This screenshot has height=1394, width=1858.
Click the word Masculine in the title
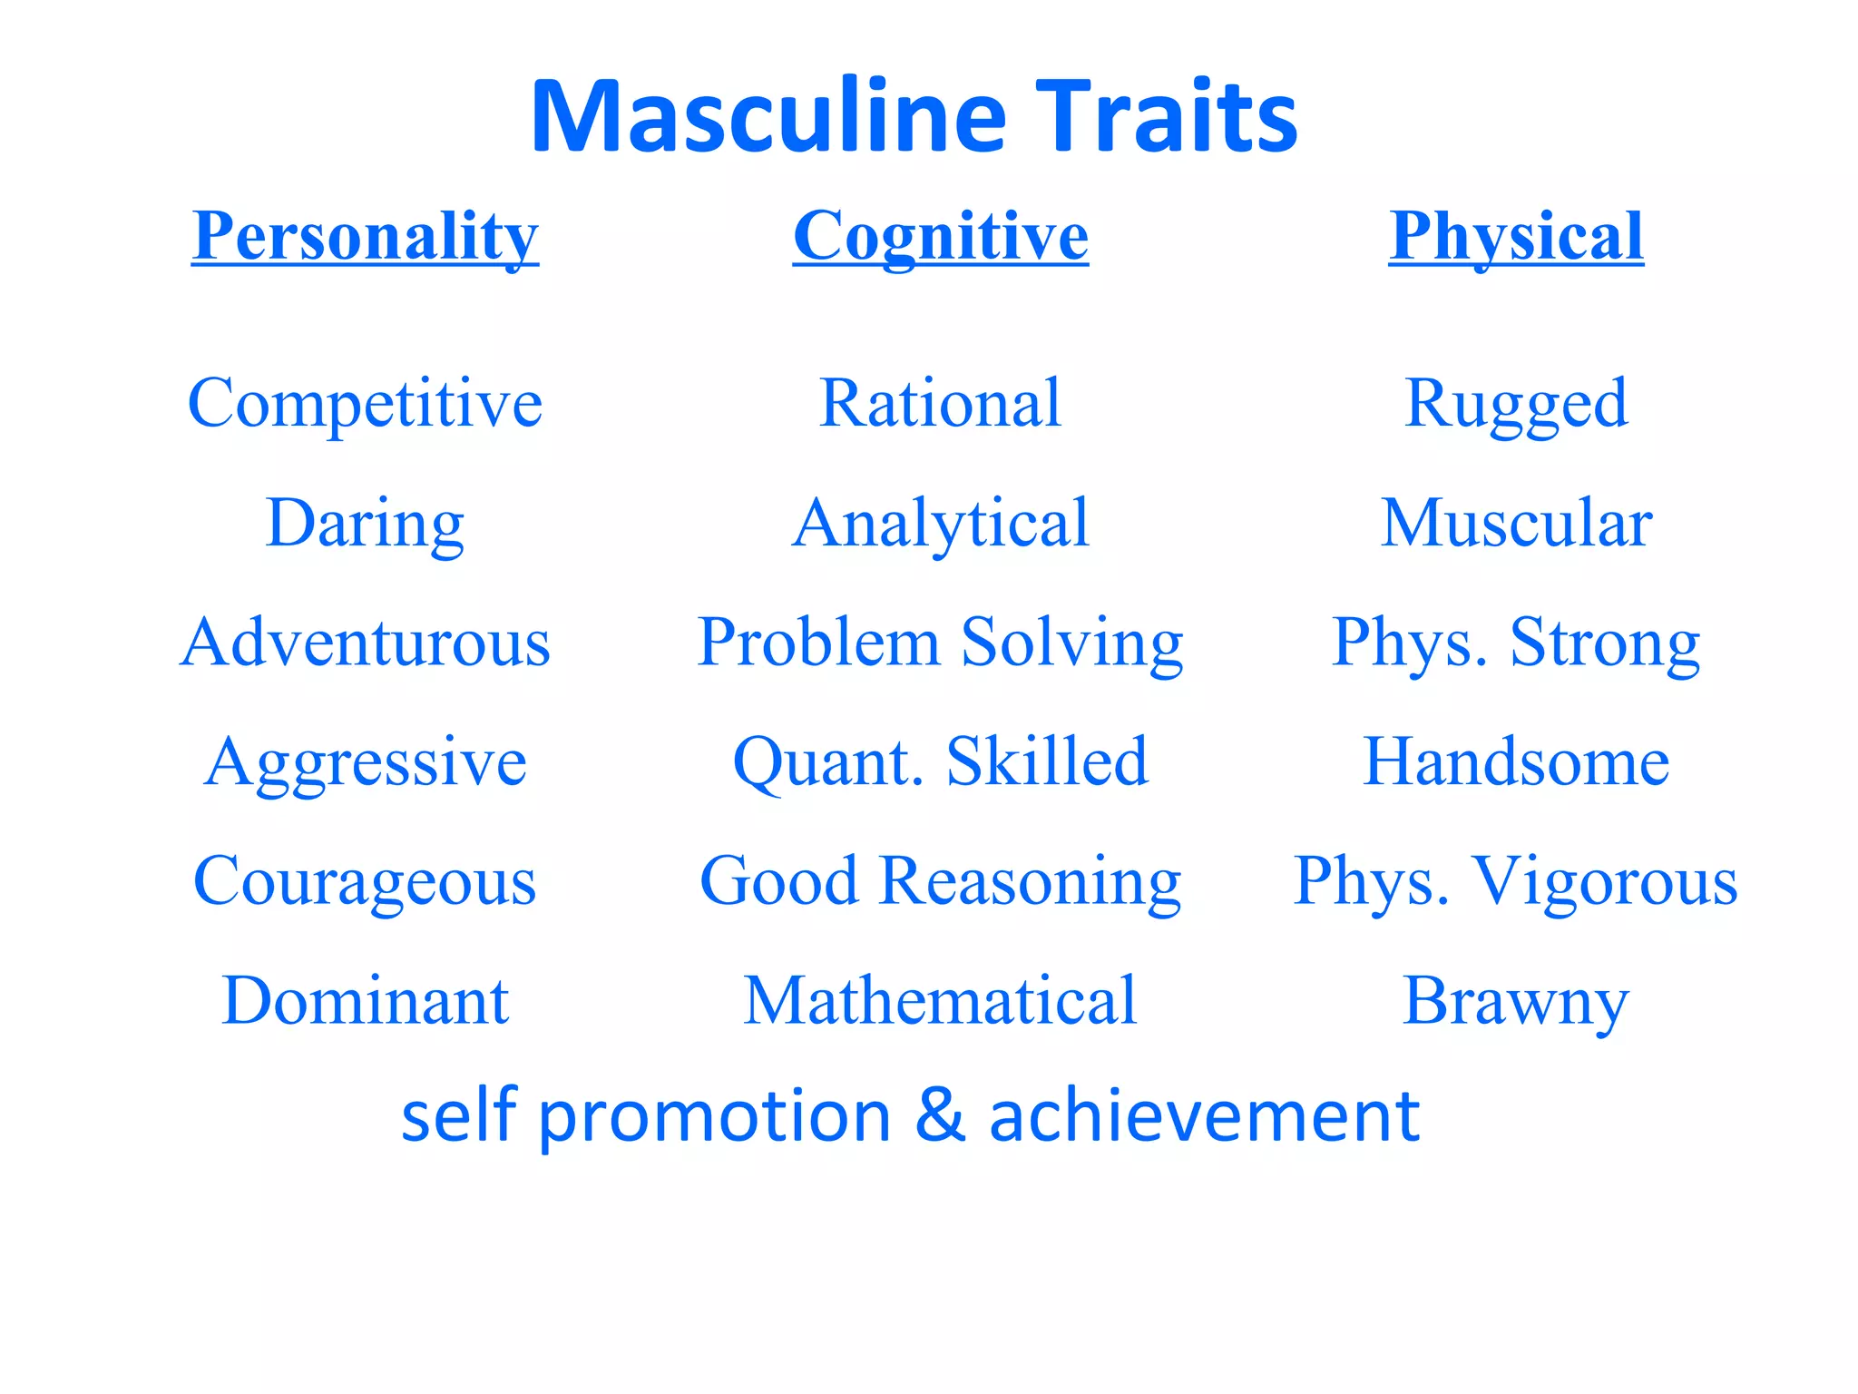[x=768, y=118]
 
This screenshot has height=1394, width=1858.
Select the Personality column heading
[x=365, y=236]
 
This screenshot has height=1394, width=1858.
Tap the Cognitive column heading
[x=940, y=236]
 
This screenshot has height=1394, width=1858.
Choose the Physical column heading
[x=1516, y=236]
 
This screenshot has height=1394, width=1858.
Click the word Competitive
[x=365, y=403]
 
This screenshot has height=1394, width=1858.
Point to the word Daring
[x=365, y=524]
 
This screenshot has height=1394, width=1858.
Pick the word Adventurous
[x=365, y=643]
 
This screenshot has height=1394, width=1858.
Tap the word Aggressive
[x=365, y=762]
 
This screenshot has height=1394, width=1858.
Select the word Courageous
[x=365, y=881]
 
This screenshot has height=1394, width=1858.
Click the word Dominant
[x=365, y=1000]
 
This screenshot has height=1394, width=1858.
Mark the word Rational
[x=940, y=403]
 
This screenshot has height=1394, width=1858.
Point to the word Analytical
[x=940, y=524]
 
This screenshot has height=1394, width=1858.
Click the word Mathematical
[x=940, y=1000]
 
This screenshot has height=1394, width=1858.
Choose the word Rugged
[x=1516, y=403]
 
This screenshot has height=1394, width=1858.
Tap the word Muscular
[x=1516, y=524]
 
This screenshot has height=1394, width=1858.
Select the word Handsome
[x=1516, y=762]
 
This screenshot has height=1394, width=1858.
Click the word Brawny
[x=1516, y=1002]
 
